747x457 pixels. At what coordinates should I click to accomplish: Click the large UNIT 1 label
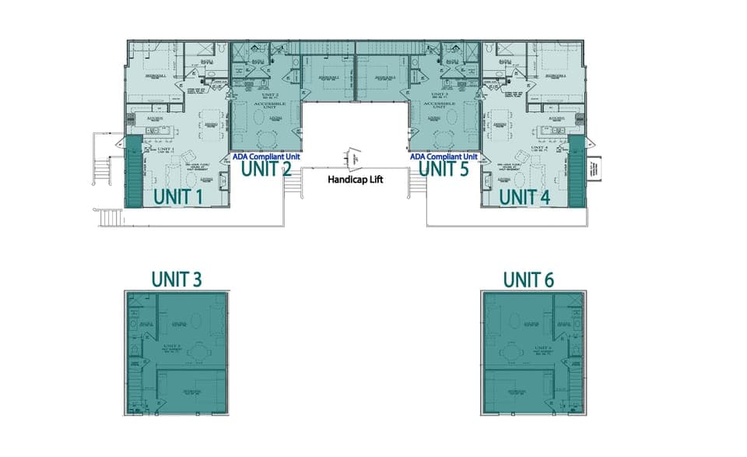tap(178, 198)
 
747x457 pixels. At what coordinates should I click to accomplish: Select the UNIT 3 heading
tap(178, 279)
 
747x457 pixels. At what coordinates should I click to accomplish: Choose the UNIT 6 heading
tap(528, 279)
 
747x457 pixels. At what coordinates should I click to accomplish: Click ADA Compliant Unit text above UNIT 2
tap(267, 156)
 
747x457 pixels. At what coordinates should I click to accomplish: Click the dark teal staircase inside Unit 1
tap(132, 171)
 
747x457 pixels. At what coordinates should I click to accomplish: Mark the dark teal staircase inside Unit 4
tap(577, 171)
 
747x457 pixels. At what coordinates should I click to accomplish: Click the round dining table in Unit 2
tap(267, 138)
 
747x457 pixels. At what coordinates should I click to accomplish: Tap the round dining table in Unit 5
tap(444, 138)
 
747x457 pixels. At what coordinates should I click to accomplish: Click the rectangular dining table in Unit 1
tap(210, 125)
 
